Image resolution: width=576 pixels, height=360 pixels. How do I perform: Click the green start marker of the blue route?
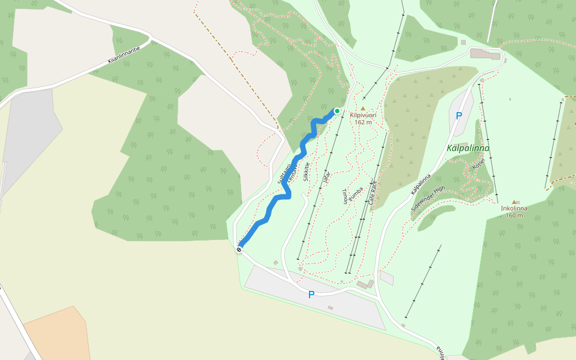point(337,111)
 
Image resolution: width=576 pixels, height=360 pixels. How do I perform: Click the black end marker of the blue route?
point(239,249)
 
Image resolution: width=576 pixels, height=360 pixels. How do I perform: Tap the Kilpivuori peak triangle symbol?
point(363,109)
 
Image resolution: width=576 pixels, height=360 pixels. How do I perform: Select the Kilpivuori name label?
point(363,115)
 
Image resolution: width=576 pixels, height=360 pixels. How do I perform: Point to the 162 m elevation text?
point(363,122)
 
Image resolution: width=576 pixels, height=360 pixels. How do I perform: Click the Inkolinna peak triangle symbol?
point(514,202)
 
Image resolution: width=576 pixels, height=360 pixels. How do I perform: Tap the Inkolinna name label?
point(514,209)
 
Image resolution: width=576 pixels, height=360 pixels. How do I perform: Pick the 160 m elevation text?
point(514,215)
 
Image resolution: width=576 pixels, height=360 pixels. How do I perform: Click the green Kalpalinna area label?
point(468,148)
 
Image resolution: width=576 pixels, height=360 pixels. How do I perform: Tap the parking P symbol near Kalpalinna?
point(459,116)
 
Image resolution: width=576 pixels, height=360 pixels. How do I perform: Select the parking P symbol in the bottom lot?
point(311,295)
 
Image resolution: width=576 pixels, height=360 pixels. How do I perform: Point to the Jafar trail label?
point(326,177)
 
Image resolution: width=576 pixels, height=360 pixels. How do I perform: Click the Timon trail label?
point(345,196)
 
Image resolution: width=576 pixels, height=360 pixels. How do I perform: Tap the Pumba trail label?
point(356,193)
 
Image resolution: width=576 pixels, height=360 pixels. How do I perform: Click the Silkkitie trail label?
point(307,172)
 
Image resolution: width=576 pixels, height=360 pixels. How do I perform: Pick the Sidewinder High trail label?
point(428,197)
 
